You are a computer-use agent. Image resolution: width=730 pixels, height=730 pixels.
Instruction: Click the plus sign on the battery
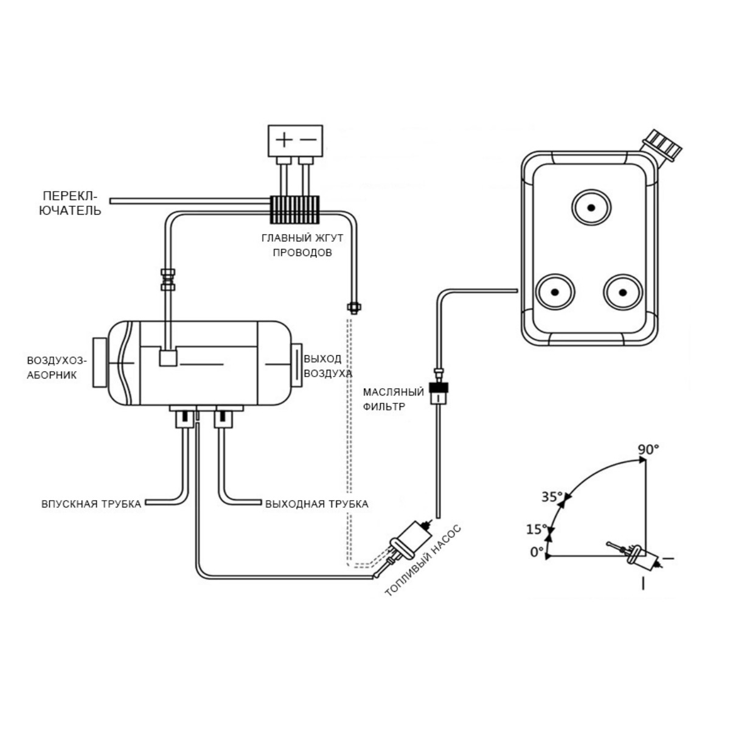point(284,139)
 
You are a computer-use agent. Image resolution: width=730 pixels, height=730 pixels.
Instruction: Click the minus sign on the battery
point(308,139)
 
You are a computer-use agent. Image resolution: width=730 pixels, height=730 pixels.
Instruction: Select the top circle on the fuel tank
point(591,208)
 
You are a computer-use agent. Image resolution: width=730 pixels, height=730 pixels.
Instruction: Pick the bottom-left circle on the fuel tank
point(555,292)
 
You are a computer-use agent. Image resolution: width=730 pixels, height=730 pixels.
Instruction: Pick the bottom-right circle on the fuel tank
point(622,292)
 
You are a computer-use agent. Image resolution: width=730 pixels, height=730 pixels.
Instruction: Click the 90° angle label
point(648,450)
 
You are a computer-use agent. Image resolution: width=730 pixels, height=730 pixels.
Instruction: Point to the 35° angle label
point(552,496)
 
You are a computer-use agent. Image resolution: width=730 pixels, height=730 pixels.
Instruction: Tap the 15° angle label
point(537,529)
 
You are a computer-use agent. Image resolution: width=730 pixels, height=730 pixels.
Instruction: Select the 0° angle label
point(537,552)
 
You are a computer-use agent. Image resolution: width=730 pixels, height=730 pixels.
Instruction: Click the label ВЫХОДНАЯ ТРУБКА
point(316,504)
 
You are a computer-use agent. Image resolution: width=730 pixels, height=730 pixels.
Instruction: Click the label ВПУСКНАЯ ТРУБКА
point(91,504)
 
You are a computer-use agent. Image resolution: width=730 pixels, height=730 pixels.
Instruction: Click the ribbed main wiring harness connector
point(294,210)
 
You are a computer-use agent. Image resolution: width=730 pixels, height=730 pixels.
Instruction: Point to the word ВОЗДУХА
point(328,373)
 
